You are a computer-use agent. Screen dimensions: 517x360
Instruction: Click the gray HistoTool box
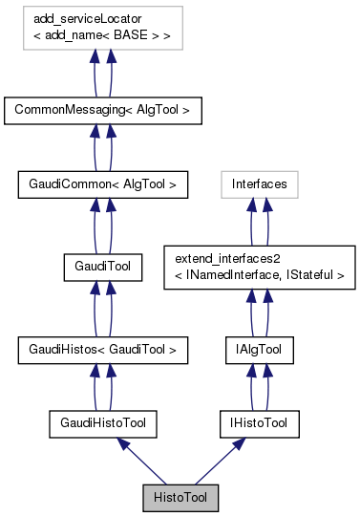tap(180, 497)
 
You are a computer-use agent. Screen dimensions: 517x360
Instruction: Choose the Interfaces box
tap(258, 181)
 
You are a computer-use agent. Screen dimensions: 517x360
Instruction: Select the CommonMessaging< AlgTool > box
tap(102, 110)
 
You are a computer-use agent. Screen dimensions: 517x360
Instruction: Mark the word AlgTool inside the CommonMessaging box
tap(155, 110)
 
